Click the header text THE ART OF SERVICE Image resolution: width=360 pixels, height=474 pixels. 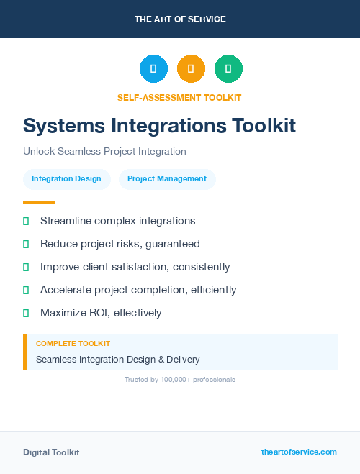click(x=180, y=19)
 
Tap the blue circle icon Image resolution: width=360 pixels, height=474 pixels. click(x=153, y=69)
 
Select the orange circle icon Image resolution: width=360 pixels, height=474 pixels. click(x=191, y=69)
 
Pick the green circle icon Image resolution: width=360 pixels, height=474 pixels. click(x=228, y=69)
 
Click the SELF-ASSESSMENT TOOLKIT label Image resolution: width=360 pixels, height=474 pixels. click(x=179, y=97)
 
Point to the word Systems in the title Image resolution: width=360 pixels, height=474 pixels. click(x=63, y=125)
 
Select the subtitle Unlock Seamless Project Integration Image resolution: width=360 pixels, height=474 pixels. click(x=104, y=151)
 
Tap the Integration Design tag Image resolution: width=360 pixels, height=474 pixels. click(x=66, y=178)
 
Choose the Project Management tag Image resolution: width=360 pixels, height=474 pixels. click(x=167, y=178)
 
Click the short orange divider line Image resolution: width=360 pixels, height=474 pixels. click(x=39, y=202)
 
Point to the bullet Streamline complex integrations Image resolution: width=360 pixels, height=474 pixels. click(x=117, y=221)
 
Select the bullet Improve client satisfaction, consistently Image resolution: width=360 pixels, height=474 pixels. click(x=135, y=267)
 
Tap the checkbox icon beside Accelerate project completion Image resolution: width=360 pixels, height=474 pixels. click(x=26, y=290)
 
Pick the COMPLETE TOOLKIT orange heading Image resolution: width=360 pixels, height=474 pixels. click(x=73, y=344)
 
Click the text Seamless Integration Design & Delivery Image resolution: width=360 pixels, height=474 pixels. click(x=117, y=359)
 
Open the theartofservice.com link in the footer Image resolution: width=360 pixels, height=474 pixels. click(x=299, y=452)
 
